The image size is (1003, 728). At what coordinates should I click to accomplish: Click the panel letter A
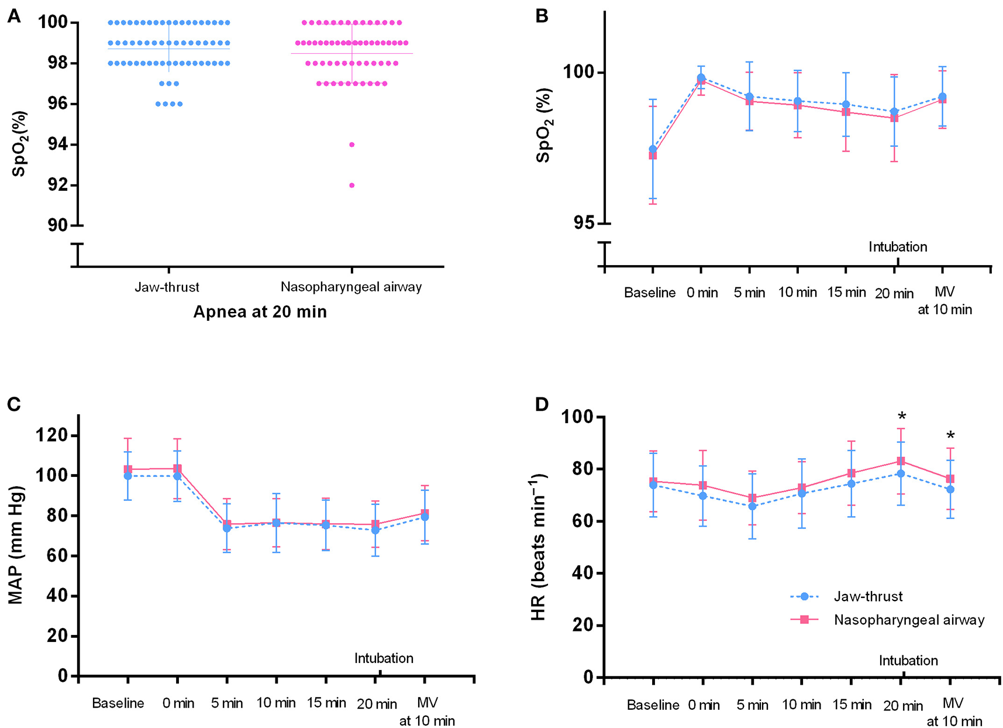coord(13,16)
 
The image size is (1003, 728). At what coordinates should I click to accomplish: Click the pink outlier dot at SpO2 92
coord(351,186)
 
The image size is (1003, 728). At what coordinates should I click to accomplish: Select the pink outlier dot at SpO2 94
coord(351,145)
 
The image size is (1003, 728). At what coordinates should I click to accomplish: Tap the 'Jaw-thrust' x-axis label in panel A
coord(167,287)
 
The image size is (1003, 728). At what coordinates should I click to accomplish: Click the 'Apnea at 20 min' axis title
coord(260,312)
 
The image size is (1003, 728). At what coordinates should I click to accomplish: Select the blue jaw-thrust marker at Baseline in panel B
coord(653,149)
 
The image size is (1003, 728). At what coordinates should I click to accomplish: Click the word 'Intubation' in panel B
coord(898,247)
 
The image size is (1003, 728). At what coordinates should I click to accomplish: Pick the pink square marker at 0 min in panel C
coord(177,469)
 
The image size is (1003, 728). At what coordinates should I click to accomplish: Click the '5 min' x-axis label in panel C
coord(227,703)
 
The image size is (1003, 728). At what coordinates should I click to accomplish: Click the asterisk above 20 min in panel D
coord(902,417)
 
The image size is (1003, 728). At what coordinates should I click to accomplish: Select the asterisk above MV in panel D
coord(950,435)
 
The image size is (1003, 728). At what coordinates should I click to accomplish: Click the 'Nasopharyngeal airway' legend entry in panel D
coord(909,620)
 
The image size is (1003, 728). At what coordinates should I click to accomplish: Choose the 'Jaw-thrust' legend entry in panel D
coord(868,596)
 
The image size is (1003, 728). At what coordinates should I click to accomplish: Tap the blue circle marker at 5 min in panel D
coord(752,506)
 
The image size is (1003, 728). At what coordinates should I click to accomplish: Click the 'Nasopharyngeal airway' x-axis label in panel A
coord(351,287)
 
